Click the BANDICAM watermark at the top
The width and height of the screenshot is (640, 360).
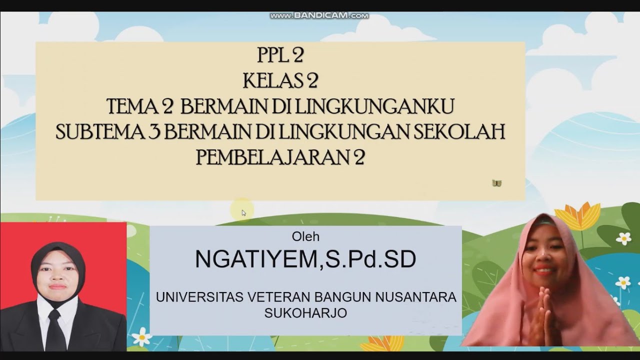click(x=319, y=16)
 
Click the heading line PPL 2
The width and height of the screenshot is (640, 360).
click(x=280, y=56)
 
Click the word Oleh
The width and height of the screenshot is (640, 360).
click(x=305, y=236)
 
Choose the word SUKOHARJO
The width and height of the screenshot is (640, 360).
click(x=305, y=313)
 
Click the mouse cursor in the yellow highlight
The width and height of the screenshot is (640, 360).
click(x=243, y=212)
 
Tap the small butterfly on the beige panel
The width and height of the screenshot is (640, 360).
click(x=496, y=183)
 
